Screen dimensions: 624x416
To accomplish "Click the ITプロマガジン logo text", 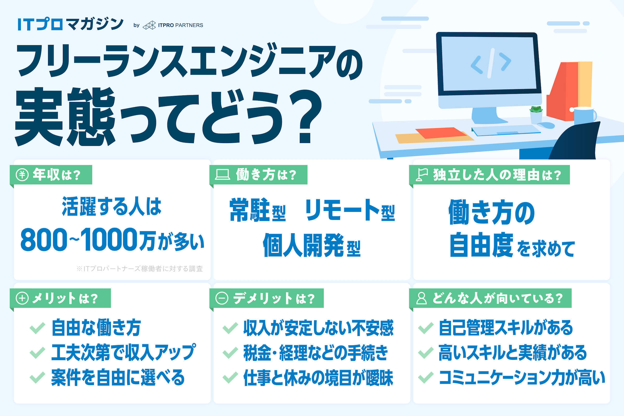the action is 70,24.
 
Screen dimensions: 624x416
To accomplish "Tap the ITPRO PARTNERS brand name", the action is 180,25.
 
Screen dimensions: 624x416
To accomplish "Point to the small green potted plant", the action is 536,115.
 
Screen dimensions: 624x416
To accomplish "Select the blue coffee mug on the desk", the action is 584,116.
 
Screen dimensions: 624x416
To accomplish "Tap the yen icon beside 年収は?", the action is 22,175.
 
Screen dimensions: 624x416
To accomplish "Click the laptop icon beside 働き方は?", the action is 222,175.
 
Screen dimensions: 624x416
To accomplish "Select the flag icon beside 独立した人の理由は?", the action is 421,175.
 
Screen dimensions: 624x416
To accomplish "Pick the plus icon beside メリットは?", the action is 22,298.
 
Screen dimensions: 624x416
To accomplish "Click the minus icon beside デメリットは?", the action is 222,298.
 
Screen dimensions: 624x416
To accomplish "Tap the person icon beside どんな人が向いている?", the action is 421,298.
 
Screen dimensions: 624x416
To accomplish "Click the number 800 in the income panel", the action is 44,239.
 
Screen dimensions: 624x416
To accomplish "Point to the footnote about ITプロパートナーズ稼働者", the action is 140,269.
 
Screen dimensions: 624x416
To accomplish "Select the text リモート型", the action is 350,210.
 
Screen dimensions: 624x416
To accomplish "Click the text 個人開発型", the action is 312,245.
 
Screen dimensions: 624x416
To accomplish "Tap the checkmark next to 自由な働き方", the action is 37,328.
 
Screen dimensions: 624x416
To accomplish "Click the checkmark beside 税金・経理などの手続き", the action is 230,353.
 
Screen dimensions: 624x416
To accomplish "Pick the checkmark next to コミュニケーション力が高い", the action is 426,378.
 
